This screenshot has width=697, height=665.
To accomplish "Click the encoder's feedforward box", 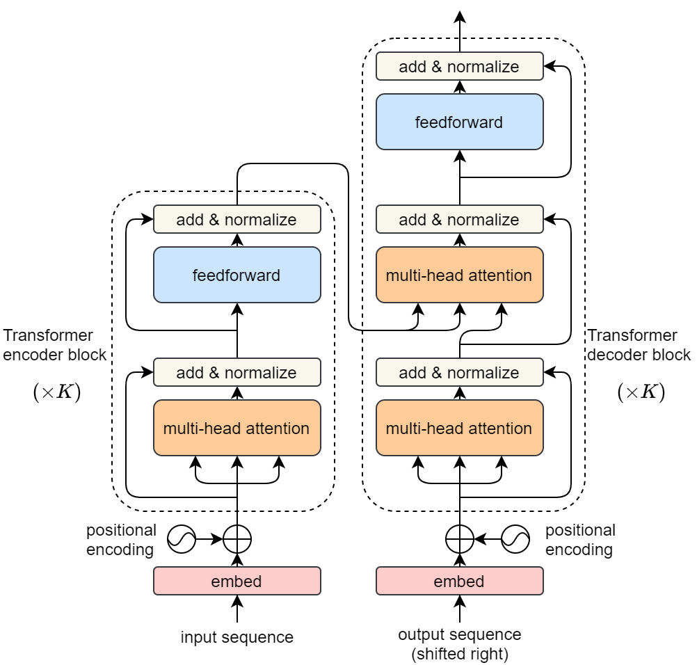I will (x=237, y=275).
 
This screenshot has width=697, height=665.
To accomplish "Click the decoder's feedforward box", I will (x=459, y=122).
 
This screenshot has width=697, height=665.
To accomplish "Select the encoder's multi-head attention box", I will (x=237, y=428).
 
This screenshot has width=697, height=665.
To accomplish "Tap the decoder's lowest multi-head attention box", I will (x=459, y=428).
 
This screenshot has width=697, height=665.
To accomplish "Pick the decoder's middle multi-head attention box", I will (x=459, y=275).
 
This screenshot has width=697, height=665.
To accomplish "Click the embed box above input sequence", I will (x=237, y=581).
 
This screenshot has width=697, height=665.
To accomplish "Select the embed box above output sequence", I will (x=459, y=581).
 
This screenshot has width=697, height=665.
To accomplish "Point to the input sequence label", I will (x=237, y=636).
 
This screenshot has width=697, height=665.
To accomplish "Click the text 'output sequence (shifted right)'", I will (x=459, y=644).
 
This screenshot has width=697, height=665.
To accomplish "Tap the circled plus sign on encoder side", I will (x=237, y=538).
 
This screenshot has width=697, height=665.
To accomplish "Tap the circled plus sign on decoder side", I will (x=459, y=538).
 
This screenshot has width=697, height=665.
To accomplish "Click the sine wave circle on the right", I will (x=515, y=538).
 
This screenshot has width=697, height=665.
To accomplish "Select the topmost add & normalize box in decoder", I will (x=459, y=66).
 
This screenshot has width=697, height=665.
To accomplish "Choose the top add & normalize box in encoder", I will (x=237, y=219).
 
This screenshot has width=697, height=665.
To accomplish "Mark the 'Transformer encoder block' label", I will (x=54, y=344).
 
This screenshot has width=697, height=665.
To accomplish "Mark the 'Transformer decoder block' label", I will (x=639, y=344).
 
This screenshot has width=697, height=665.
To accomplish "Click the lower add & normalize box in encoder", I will (x=237, y=372).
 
